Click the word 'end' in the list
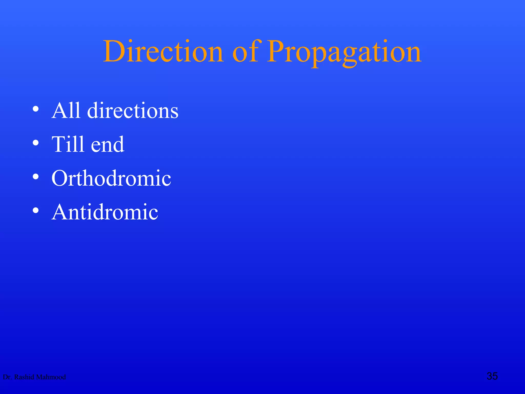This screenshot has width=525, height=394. (108, 145)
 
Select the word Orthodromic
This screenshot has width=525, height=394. (111, 178)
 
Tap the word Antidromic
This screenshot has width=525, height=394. (105, 212)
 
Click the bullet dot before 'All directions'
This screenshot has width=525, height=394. (36, 109)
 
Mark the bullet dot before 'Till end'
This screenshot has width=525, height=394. (36, 143)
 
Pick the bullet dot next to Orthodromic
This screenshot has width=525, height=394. (36, 176)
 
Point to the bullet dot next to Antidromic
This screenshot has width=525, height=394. (36, 210)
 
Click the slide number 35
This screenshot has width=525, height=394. (492, 376)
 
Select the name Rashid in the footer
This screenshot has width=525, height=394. (24, 377)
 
